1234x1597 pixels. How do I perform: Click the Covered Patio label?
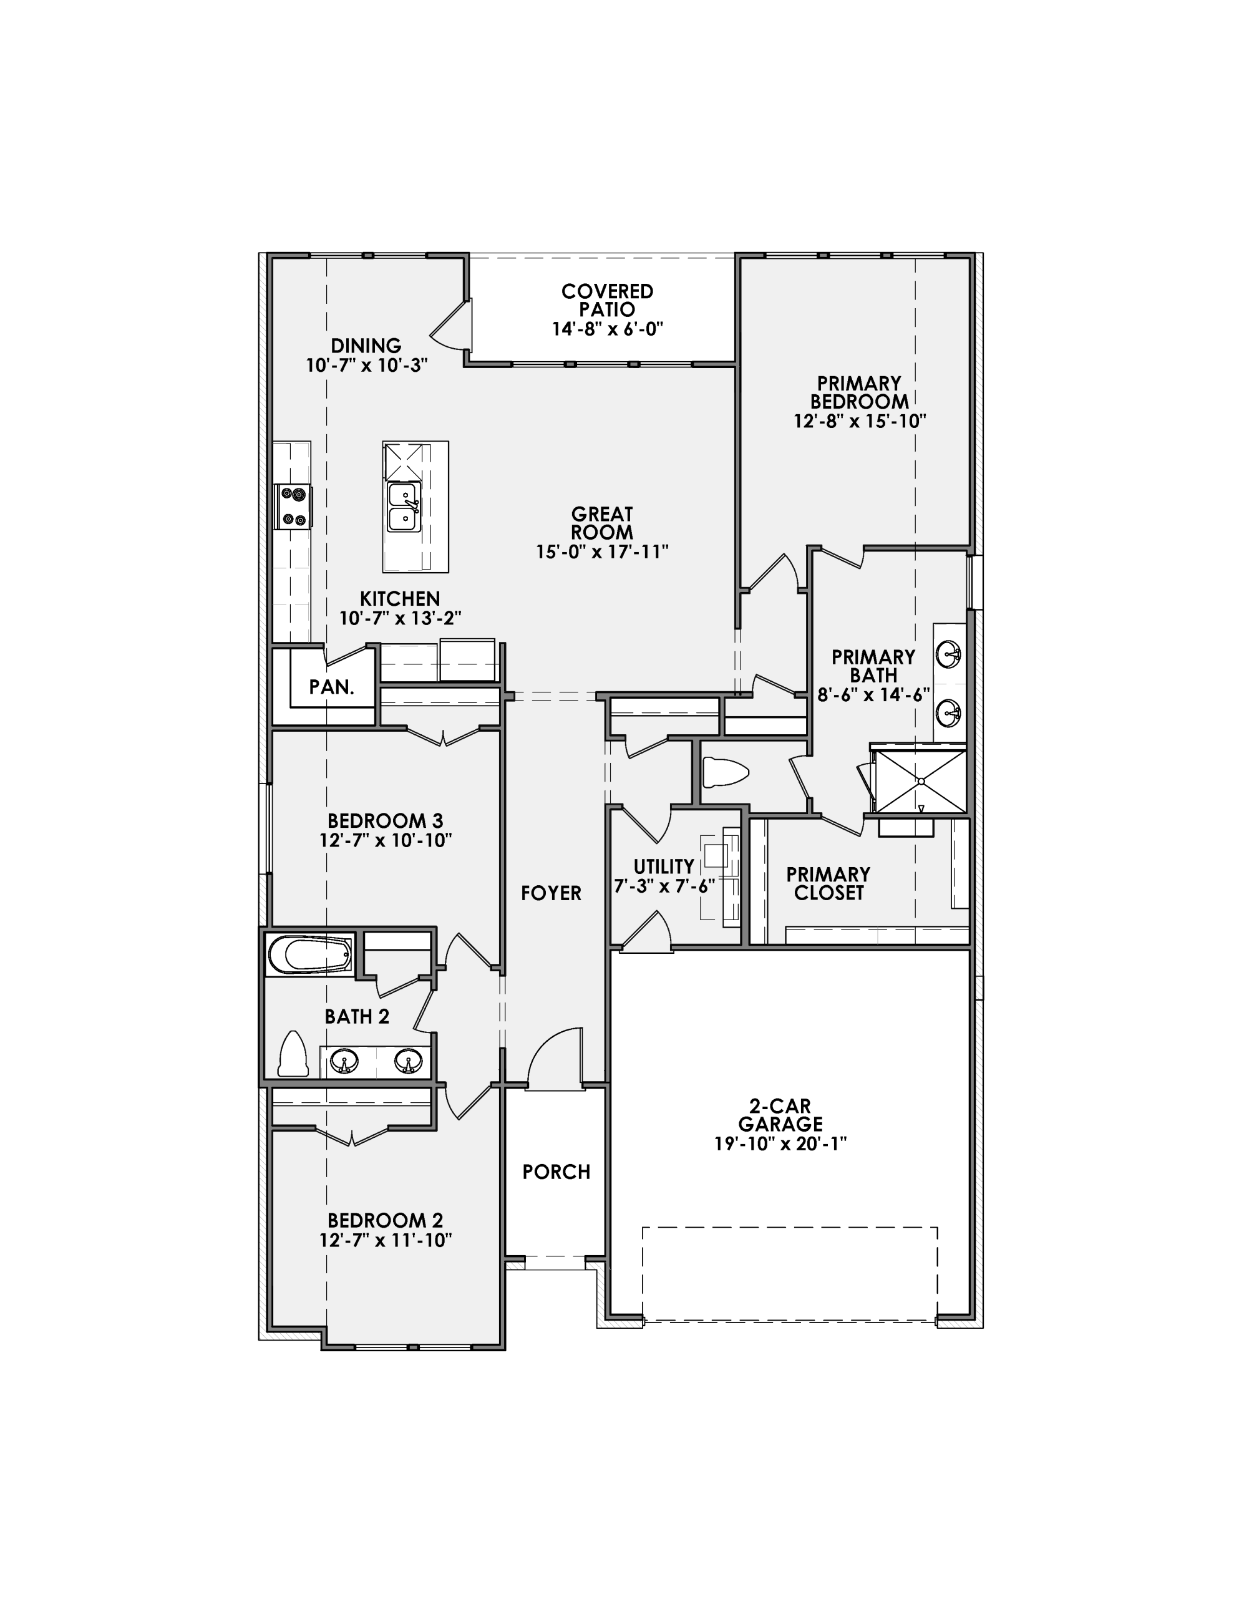pyautogui.click(x=607, y=301)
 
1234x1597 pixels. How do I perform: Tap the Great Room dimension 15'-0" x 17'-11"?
pyautogui.click(x=602, y=552)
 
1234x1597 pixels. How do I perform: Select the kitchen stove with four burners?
pyautogui.click(x=293, y=507)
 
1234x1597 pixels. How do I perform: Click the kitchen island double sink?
pyautogui.click(x=403, y=507)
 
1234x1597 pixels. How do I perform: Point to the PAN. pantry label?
pyautogui.click(x=331, y=687)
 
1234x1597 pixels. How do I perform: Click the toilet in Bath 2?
pyautogui.click(x=293, y=1055)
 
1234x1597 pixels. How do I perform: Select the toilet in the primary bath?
pyautogui.click(x=725, y=772)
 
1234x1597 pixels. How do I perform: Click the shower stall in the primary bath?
pyautogui.click(x=921, y=780)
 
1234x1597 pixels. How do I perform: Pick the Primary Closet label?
pyautogui.click(x=828, y=883)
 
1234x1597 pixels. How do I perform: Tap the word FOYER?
pyautogui.click(x=551, y=893)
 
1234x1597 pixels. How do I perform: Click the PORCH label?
pyautogui.click(x=556, y=1172)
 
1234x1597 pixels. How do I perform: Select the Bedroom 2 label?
pyautogui.click(x=386, y=1220)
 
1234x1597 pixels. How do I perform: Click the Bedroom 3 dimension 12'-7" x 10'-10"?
pyautogui.click(x=386, y=841)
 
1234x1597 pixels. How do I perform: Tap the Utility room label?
pyautogui.click(x=663, y=866)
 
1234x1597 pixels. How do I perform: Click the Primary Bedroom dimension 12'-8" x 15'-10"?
pyautogui.click(x=860, y=421)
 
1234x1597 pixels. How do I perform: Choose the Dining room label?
pyautogui.click(x=366, y=345)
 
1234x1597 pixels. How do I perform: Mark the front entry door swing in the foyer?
pyautogui.click(x=554, y=1057)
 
